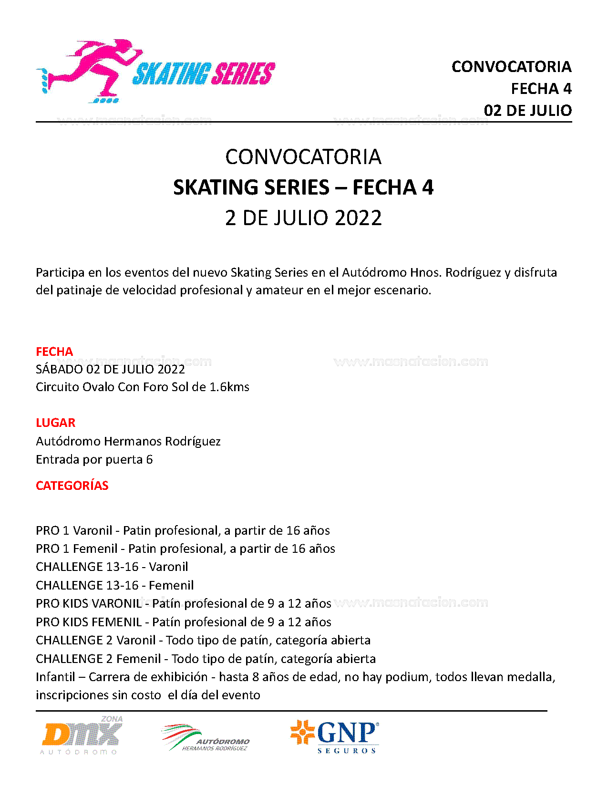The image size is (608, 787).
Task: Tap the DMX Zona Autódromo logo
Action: coord(82,735)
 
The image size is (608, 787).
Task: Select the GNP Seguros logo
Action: coord(335,736)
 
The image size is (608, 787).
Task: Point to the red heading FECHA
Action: coord(54,352)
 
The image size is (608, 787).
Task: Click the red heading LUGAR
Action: coord(55,423)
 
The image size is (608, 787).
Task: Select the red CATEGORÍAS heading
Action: coord(72,486)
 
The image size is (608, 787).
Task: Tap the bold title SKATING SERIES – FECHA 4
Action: coord(303,187)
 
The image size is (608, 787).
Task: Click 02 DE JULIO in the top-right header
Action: coord(527,111)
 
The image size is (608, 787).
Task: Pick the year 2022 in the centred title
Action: coord(358,218)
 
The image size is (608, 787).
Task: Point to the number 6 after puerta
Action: coord(149,459)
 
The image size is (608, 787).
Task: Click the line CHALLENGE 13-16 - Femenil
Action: coord(114,585)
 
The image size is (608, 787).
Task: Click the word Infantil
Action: coord(55,677)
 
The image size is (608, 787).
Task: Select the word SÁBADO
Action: coord(59,369)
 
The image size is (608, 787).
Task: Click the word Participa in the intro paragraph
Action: coord(60,272)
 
